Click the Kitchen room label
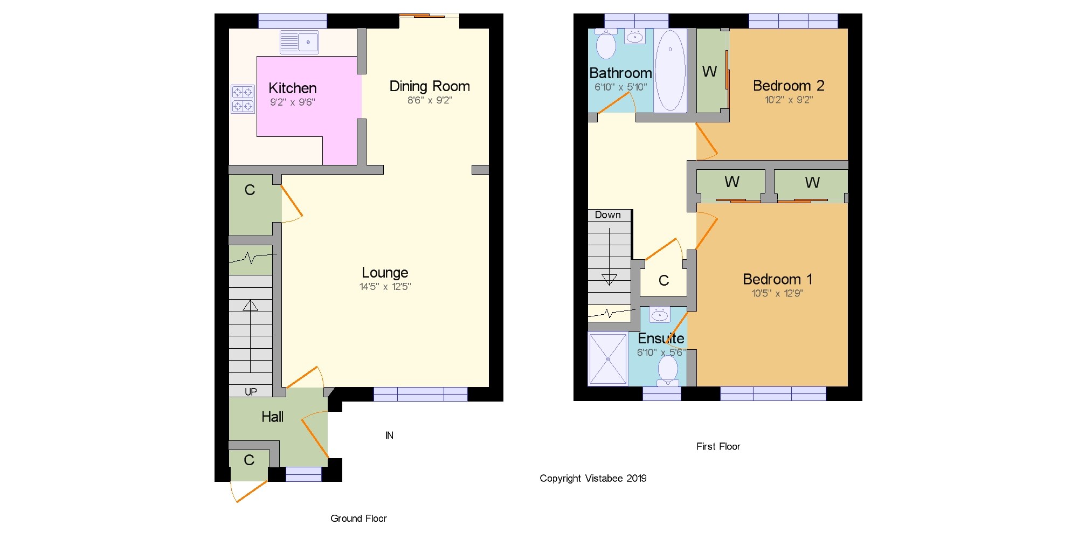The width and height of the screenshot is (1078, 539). pos(292,88)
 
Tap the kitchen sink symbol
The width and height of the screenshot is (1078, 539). pos(299,42)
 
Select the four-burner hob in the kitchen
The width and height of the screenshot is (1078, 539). pos(243,99)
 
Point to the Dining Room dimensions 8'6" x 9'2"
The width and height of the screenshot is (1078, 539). pos(430,100)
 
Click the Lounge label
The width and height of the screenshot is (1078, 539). pos(385,273)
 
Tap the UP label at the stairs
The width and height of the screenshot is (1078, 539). pos(251,392)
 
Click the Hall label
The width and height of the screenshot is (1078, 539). pos(272,417)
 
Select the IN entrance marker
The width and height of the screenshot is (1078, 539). pos(389,436)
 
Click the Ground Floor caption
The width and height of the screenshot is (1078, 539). pos(358,519)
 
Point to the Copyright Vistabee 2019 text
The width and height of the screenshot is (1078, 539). pos(593,479)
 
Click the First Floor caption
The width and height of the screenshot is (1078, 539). pos(718,446)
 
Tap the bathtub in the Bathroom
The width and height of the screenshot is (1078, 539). pos(671,71)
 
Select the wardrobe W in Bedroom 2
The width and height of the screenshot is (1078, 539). pos(709,71)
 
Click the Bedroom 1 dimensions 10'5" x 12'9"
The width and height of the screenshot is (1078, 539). pos(777,293)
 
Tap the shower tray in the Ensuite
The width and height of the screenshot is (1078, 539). pos(608,359)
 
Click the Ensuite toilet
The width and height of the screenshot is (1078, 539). pos(668,371)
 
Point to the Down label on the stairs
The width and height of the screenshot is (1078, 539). pos(607,215)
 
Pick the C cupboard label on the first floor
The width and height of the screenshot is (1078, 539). pos(664,280)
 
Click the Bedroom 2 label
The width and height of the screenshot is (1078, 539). pos(789,86)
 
